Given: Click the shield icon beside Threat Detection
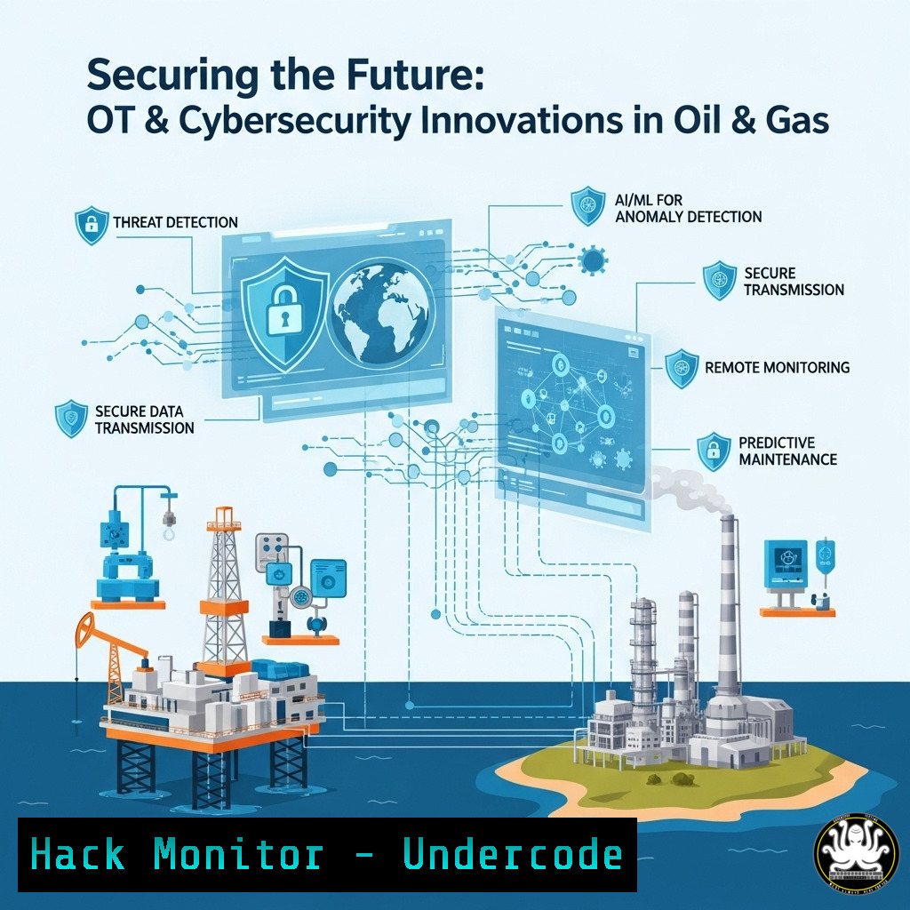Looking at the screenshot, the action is coord(92,225).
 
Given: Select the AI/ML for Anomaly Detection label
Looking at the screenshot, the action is coord(689,208).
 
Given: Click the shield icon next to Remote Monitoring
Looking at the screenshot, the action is coord(682,369).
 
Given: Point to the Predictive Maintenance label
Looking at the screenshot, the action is coord(787,451).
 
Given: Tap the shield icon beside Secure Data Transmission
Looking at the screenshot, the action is coord(71,419).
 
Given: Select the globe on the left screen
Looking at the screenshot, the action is coord(380,314).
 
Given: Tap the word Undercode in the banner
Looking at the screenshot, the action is coord(513,855).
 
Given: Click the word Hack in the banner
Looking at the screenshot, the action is coord(77,855).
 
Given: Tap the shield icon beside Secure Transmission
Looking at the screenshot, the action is coord(720,280).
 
